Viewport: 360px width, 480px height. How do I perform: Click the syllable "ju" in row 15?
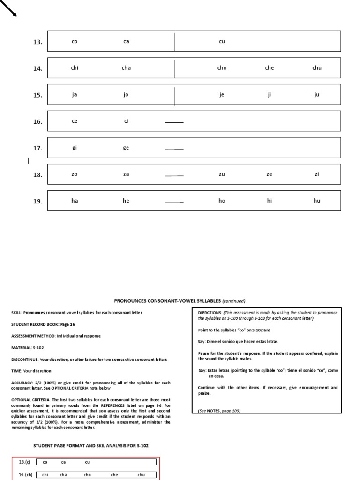[317, 95]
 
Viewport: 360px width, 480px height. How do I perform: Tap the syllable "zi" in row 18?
[317, 174]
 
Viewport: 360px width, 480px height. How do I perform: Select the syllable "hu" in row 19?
[317, 201]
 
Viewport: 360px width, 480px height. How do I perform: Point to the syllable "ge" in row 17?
[126, 148]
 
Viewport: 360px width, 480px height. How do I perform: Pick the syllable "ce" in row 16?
[74, 121]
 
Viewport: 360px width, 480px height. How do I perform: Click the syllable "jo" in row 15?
[126, 95]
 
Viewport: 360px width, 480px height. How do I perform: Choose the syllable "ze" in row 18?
[269, 174]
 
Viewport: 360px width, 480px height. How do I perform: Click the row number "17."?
[37, 149]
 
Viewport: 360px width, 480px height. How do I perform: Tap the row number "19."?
[37, 202]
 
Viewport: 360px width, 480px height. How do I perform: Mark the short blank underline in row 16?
[174, 122]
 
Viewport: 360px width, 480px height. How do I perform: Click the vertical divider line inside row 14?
[174, 68]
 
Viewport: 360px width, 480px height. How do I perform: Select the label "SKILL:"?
[17, 313]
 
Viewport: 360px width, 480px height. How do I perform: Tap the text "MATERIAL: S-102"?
[29, 347]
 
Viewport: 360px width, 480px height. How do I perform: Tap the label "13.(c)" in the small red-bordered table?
[24, 462]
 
